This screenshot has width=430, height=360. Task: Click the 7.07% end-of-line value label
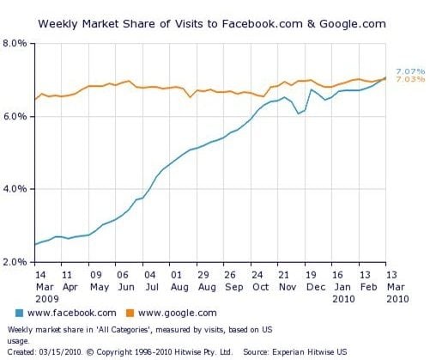coord(408,71)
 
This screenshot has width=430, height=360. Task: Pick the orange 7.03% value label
coord(408,80)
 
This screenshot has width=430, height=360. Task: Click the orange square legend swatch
coord(130,314)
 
